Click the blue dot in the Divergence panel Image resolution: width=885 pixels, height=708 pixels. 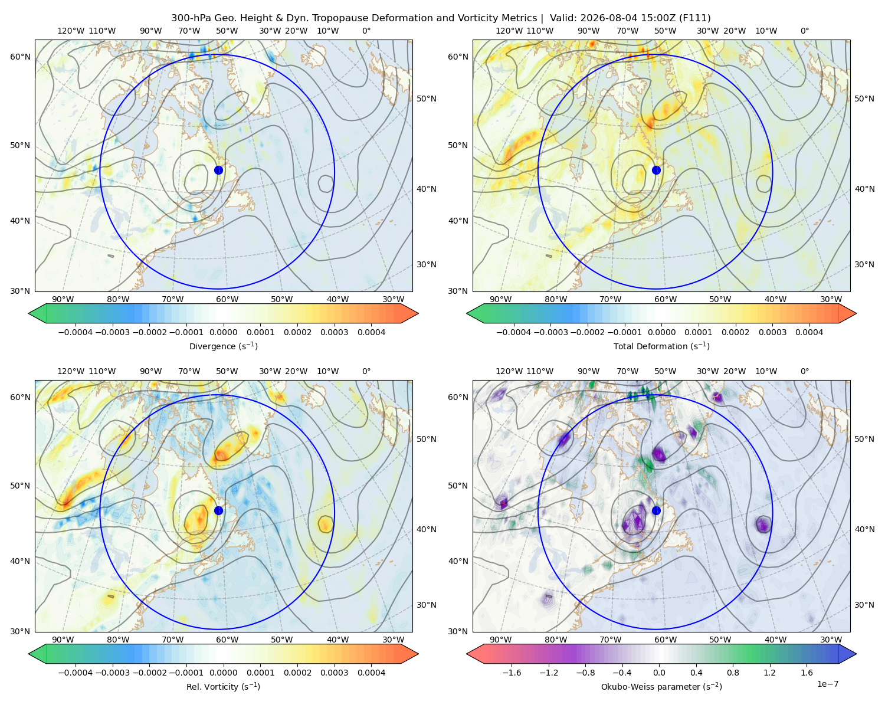point(218,170)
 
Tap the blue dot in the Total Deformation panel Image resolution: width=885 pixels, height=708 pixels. point(656,170)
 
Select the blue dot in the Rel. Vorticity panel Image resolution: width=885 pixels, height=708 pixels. point(218,510)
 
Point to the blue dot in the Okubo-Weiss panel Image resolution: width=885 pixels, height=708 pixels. point(656,510)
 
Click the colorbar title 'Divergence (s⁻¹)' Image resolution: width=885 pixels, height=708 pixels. point(223,346)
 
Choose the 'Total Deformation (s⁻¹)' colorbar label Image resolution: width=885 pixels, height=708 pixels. point(661,346)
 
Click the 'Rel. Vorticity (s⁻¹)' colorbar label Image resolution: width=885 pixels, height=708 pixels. point(223,686)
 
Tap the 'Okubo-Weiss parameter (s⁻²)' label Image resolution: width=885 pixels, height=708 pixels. point(661,686)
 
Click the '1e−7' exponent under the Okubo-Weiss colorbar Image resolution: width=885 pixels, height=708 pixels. point(827,684)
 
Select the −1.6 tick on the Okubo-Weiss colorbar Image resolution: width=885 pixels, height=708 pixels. point(512,672)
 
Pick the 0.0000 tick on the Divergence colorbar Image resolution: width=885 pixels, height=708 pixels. point(223,332)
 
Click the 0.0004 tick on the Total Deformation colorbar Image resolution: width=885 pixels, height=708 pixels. point(809,332)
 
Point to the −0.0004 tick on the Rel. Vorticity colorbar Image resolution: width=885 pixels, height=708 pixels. point(76,672)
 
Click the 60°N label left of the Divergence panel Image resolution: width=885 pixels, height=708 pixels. point(20,57)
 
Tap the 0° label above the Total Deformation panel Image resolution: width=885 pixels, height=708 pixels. point(804,31)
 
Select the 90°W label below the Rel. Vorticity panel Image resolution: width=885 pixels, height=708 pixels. point(63,640)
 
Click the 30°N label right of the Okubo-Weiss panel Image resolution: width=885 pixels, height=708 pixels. point(864,605)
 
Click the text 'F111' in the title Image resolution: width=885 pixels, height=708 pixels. point(694,18)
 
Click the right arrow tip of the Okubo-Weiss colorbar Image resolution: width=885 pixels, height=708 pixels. point(856,654)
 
